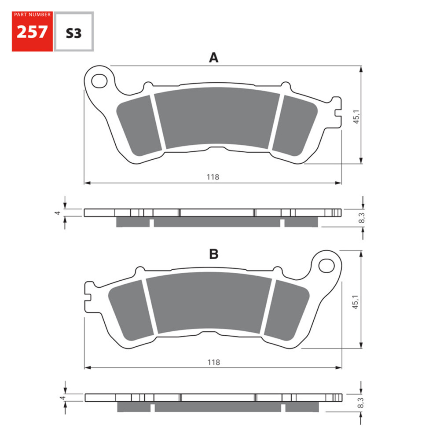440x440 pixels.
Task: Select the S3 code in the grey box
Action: pos(73,33)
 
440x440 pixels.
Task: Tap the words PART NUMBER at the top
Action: pos(32,15)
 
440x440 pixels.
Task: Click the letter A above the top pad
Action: pos(213,58)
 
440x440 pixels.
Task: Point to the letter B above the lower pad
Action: pos(213,254)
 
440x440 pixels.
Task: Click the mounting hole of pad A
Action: pos(100,81)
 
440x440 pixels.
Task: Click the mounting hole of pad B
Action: pos(326,265)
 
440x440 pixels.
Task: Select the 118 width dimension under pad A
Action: pos(213,177)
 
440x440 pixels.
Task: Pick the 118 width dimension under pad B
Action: pos(213,362)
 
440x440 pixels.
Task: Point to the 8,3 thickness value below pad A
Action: pos(362,218)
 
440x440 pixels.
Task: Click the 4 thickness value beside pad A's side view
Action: pos(57,213)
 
